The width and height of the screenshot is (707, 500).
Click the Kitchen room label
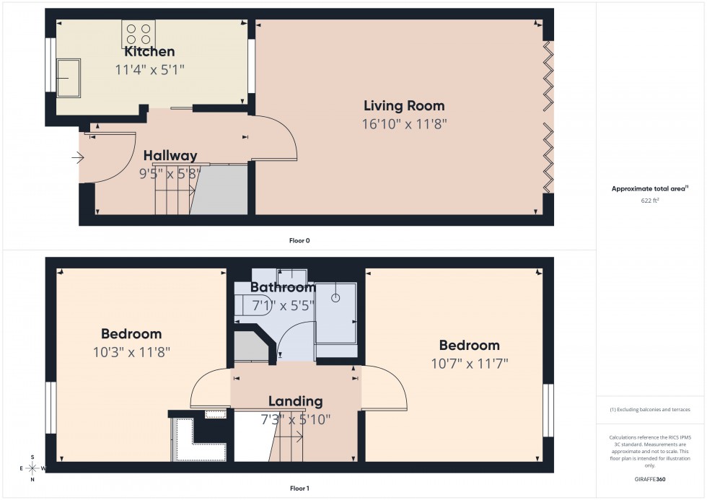pyautogui.click(x=149, y=52)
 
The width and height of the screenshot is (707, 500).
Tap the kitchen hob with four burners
pyautogui.click(x=139, y=35)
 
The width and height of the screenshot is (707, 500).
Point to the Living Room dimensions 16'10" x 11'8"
pyautogui.click(x=404, y=124)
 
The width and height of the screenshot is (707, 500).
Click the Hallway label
pyautogui.click(x=170, y=156)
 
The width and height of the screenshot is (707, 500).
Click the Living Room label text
pyautogui.click(x=404, y=106)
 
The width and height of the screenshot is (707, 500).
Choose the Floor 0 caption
pyautogui.click(x=299, y=240)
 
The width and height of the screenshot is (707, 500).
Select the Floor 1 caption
pyautogui.click(x=299, y=488)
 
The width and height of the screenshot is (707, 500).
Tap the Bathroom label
pyautogui.click(x=283, y=288)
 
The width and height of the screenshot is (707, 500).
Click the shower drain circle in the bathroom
pyautogui.click(x=335, y=297)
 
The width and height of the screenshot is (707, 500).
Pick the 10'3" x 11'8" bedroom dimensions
pyautogui.click(x=131, y=352)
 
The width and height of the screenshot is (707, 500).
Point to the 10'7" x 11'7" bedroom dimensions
pyautogui.click(x=469, y=363)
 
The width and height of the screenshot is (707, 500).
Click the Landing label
pyautogui.click(x=295, y=401)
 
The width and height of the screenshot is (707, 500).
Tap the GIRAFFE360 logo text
pyautogui.click(x=650, y=478)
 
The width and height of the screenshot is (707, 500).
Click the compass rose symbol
pyautogui.click(x=32, y=468)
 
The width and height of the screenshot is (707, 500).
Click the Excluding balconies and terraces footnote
pyautogui.click(x=650, y=410)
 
